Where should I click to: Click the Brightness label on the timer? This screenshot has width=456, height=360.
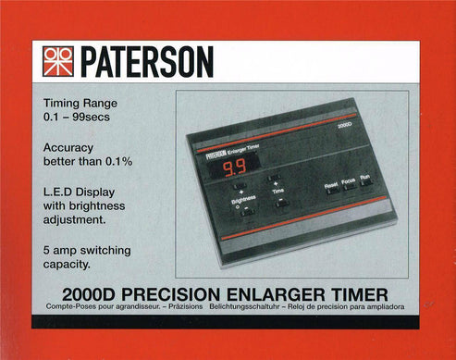pyautogui.click(x=243, y=197)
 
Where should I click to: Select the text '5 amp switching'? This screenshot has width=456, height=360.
pyautogui.click(x=87, y=249)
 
